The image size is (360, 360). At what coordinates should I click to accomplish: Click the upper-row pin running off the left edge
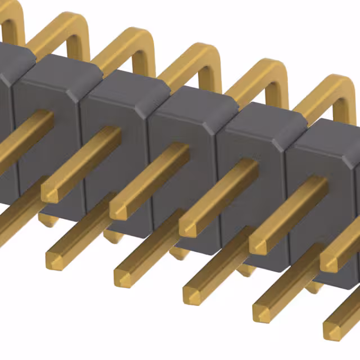point(17,141)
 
